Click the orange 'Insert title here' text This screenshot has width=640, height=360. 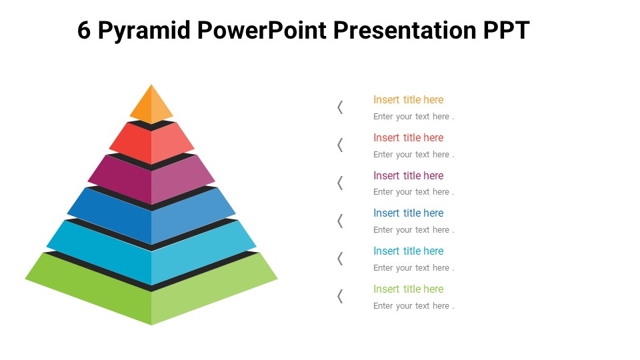408,100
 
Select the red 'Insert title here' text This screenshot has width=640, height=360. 408,138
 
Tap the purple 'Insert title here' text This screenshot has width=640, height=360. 408,176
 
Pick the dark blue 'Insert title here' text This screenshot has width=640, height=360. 408,213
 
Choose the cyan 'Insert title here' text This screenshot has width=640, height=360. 408,251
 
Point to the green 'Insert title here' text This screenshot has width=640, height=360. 408,289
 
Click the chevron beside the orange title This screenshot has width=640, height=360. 340,107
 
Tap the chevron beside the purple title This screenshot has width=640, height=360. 340,183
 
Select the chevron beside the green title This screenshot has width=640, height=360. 340,296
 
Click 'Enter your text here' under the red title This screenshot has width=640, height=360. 413,155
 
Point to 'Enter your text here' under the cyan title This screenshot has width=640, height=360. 413,268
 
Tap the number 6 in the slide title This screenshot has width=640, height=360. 84,31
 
